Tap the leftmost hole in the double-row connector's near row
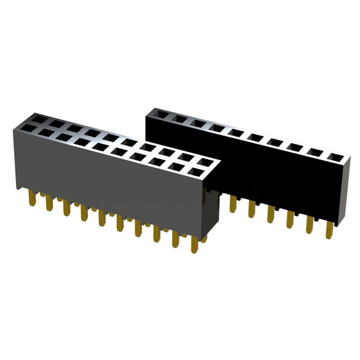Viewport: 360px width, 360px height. pyautogui.click(x=28, y=130)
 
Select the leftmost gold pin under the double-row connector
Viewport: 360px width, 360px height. pyautogui.click(x=31, y=199)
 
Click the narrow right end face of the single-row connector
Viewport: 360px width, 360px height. pyautogui.click(x=344, y=188)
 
